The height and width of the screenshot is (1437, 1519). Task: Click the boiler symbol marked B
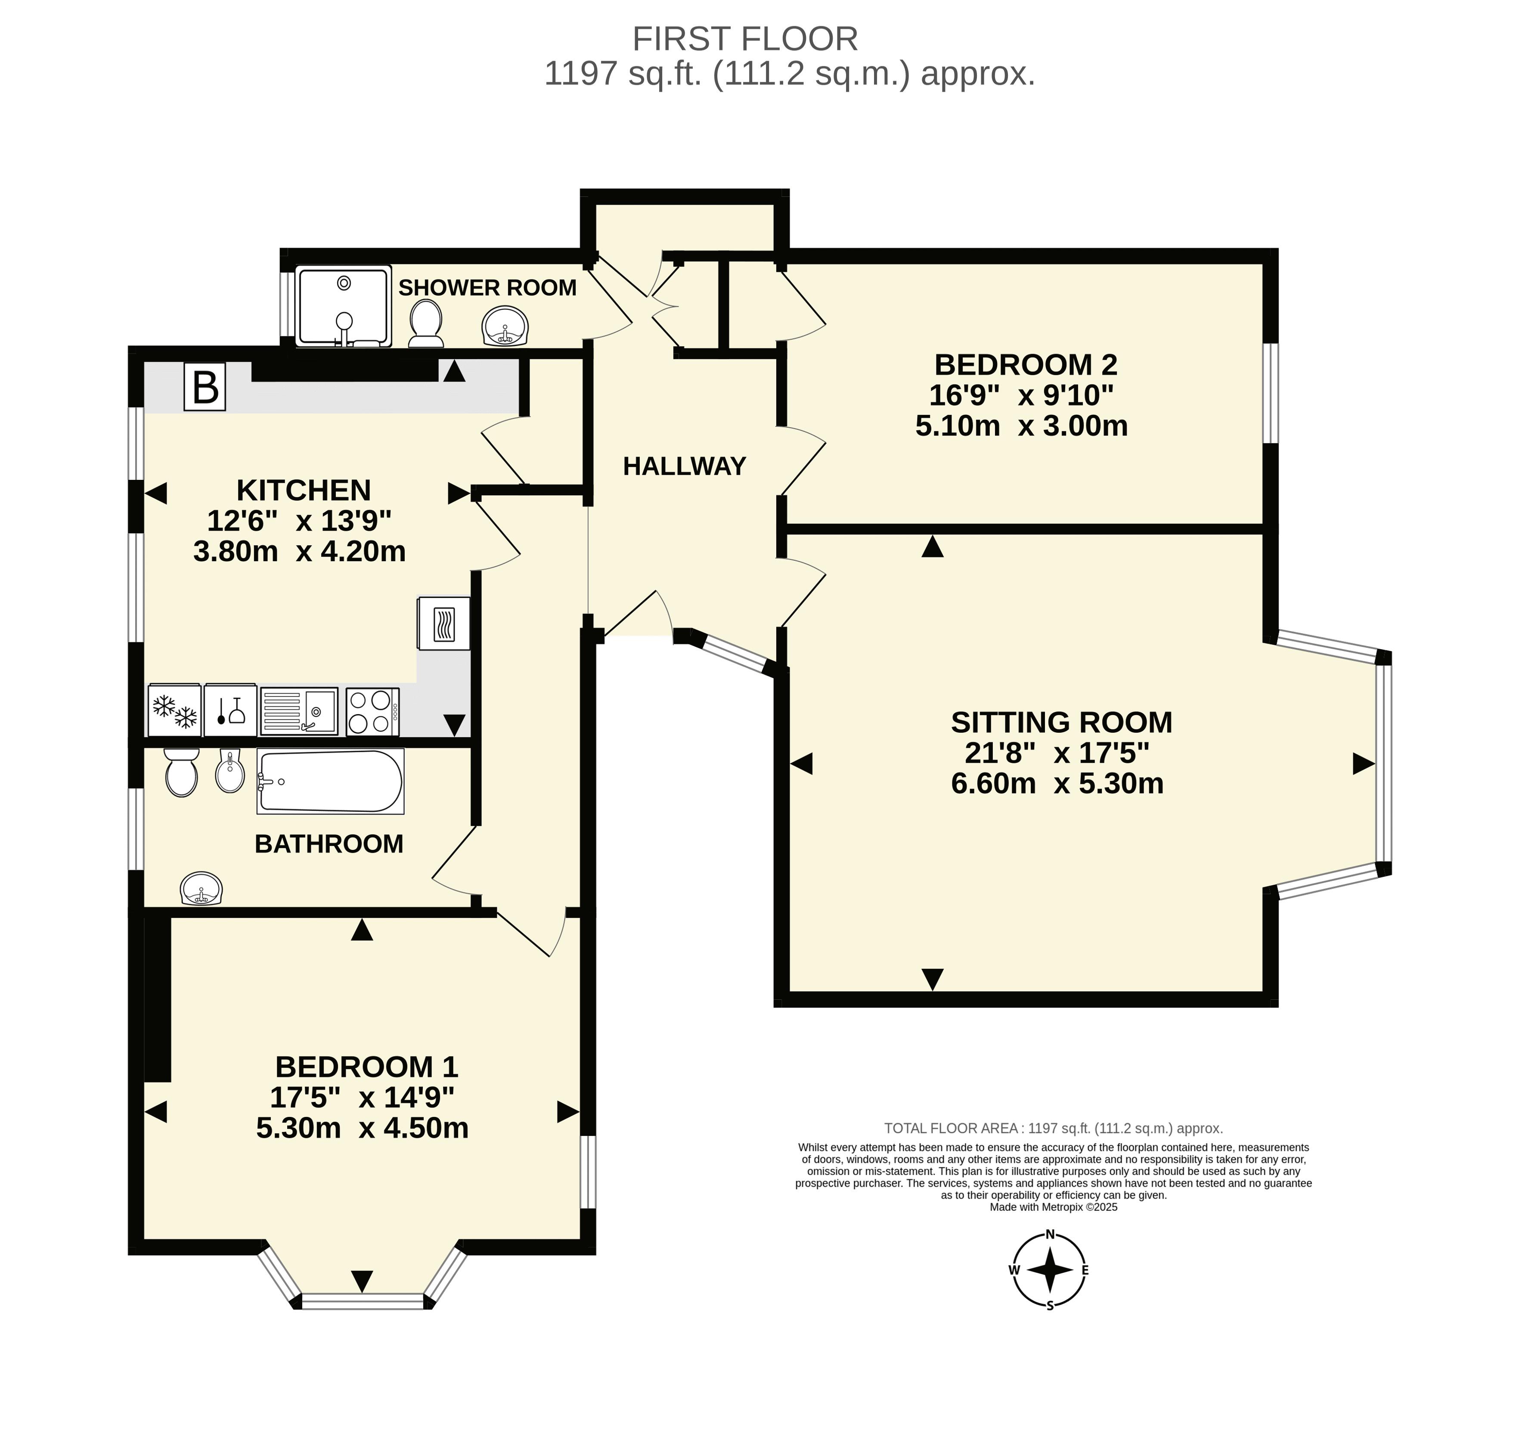(x=205, y=387)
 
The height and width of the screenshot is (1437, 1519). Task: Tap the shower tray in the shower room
(x=344, y=306)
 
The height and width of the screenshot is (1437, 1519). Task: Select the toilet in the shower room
(x=426, y=323)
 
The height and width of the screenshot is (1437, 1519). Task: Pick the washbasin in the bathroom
(x=201, y=889)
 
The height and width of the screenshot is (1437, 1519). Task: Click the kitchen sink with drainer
(x=299, y=712)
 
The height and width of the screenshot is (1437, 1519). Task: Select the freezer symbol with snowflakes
(x=174, y=711)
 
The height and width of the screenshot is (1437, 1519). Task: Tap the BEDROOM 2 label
(x=1026, y=364)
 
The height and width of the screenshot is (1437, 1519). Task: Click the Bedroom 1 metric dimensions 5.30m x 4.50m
(x=362, y=1128)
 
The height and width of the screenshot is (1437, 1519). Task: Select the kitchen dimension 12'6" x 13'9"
(x=299, y=521)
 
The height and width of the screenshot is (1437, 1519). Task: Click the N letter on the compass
(x=1051, y=1234)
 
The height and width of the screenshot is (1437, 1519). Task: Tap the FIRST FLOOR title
(x=745, y=38)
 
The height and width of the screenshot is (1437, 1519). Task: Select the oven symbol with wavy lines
(x=444, y=623)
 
